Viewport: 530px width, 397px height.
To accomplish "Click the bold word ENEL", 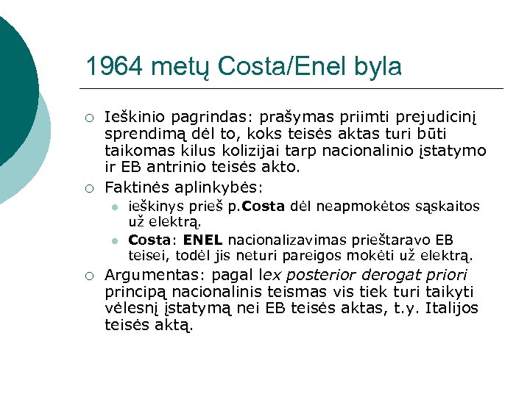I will click(203, 240).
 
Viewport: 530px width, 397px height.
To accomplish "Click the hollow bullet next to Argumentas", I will click(88, 276).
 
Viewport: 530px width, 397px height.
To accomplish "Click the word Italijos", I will click(452, 308).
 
